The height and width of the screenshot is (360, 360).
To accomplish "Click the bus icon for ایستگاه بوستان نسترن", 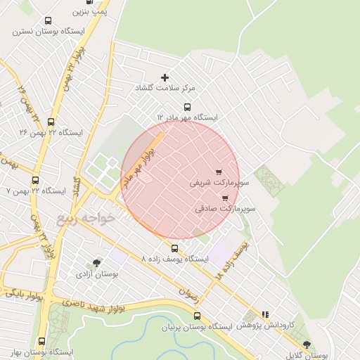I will (48, 21).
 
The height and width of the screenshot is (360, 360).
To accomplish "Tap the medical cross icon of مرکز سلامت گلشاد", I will (165, 77).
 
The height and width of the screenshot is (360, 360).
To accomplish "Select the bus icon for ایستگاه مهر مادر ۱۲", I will (187, 107).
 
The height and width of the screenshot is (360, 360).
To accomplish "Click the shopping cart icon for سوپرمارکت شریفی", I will (219, 172).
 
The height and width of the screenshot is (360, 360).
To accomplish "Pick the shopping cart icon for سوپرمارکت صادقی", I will (225, 198).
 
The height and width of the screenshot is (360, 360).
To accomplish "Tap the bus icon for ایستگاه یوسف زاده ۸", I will (175, 248).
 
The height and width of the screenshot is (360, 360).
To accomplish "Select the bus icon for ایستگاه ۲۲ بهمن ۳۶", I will (51, 121).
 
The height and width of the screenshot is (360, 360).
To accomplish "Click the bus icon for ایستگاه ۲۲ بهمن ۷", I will (35, 179).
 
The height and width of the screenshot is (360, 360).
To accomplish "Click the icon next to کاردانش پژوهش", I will (265, 315).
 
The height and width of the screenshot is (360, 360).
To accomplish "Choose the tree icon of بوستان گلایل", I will (307, 345).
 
